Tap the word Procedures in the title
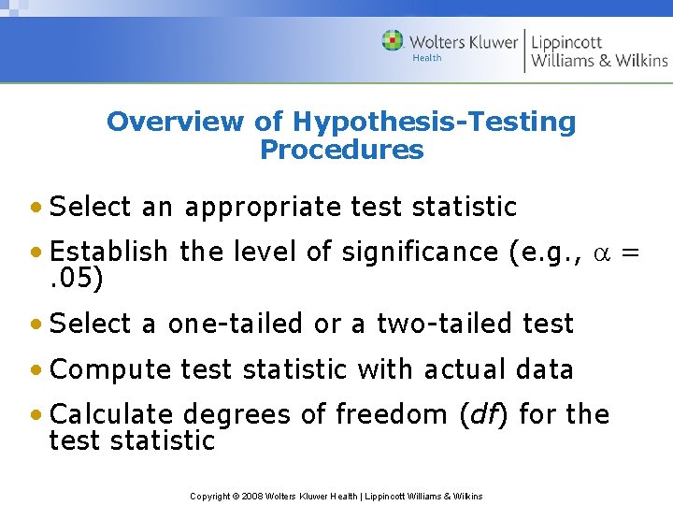pyautogui.click(x=341, y=150)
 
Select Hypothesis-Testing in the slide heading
pyautogui.click(x=434, y=122)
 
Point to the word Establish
pyautogui.click(x=108, y=252)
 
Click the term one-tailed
pyautogui.click(x=235, y=324)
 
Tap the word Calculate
pyautogui.click(x=111, y=414)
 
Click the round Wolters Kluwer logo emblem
pyautogui.click(x=393, y=41)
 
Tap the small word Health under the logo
pyautogui.click(x=426, y=58)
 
